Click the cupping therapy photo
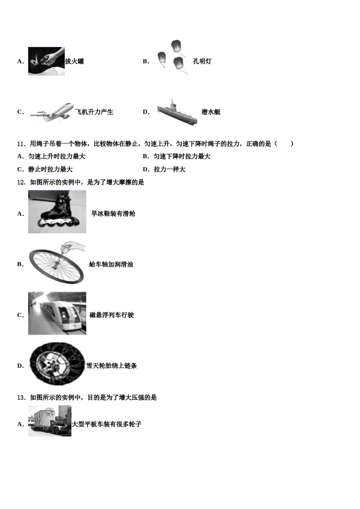pos(46,61)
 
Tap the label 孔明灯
pos(202,61)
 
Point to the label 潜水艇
pos(211,112)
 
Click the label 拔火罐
pos(75,61)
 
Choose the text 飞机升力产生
pos(94,112)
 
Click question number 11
pos(21,144)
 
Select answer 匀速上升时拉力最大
pos(56,156)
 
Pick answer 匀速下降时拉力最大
pos(182,156)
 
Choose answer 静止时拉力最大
pos(50,169)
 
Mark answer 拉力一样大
pos(169,169)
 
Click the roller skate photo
pos(57,212)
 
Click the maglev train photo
pos(57,313)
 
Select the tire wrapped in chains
pos(57,364)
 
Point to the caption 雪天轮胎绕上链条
pos(112,366)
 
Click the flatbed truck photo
pos(50,421)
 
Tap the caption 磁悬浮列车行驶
pos(112,315)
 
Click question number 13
pos(21,398)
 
